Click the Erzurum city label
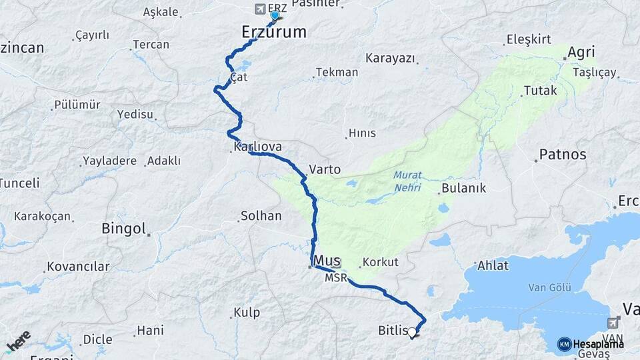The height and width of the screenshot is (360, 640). coord(273,31)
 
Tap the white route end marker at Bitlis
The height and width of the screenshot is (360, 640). coord(413,331)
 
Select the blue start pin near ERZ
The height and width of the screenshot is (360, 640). coord(275,15)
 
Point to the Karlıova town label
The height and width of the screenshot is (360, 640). coord(257,147)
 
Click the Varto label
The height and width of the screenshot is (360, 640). coord(325,169)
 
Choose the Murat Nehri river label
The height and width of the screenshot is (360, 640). coord(407,181)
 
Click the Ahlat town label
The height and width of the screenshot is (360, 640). coord(493,265)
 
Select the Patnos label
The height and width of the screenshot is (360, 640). coord(563,155)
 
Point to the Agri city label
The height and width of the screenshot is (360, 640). coord(581,51)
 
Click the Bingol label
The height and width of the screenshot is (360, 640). coord(123,229)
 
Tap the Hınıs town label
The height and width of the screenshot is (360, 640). coord(363,133)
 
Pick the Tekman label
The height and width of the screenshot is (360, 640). coord(337,72)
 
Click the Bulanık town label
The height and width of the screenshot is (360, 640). coord(463,188)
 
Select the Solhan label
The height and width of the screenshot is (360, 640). coord(261,216)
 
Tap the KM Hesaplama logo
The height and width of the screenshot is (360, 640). coord(591,344)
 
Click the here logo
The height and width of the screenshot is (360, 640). coord(18,342)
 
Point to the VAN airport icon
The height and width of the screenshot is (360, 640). coord(614,323)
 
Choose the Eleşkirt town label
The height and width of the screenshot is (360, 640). coord(529,39)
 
